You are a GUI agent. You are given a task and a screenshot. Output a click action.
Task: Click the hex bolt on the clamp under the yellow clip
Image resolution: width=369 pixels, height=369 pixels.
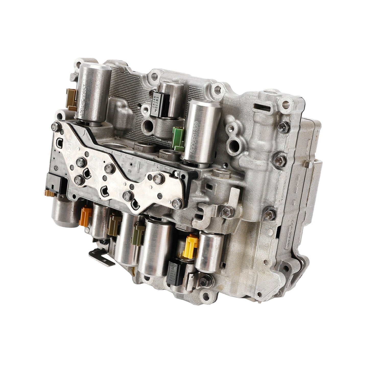click(204, 281)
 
